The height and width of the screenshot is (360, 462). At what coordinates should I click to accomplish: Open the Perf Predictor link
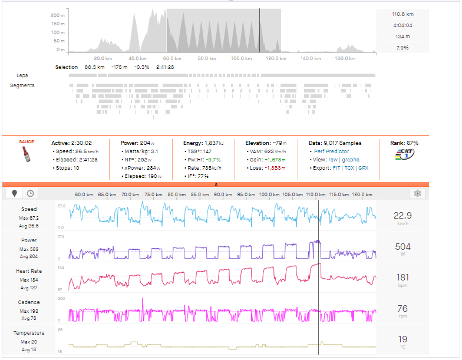[332, 151]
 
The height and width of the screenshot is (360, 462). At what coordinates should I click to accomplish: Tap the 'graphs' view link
[349, 159]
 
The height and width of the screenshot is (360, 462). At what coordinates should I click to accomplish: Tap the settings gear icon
[417, 193]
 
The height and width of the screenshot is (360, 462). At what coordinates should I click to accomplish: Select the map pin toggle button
[14, 193]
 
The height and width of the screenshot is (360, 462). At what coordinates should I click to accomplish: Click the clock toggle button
[29, 193]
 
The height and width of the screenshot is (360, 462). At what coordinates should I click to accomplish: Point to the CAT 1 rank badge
[404, 154]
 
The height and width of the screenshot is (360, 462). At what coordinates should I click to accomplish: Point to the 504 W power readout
[403, 246]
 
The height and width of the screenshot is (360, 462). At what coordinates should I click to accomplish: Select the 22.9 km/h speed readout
[403, 216]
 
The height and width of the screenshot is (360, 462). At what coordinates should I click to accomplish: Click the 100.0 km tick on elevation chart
[241, 58]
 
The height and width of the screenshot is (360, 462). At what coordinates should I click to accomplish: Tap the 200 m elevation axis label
[58, 15]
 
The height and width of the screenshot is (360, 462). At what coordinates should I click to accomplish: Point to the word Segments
[22, 86]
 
